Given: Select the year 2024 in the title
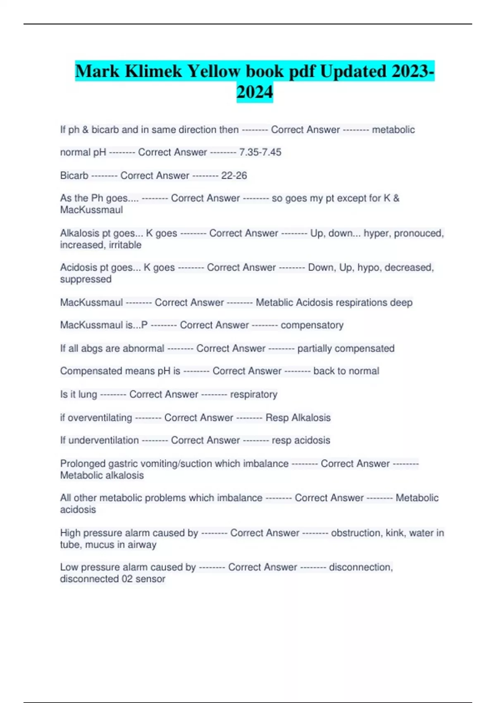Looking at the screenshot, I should [x=255, y=92].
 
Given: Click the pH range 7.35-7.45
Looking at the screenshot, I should [x=260, y=152].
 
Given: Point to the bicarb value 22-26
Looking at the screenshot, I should [x=234, y=175].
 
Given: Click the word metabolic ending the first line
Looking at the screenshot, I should [x=393, y=129].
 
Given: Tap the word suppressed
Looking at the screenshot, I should [x=86, y=279].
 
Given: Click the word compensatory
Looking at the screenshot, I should [x=312, y=325].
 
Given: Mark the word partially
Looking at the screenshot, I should [x=315, y=348].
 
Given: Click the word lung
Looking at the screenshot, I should [x=88, y=395].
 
